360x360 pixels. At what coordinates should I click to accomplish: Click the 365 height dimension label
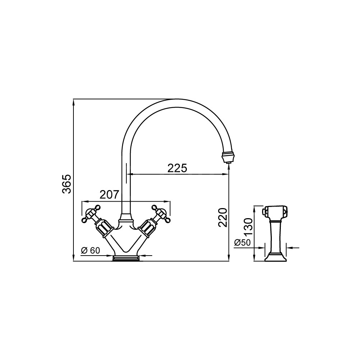point(67,184)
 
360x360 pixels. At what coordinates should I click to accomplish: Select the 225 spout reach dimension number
point(177,168)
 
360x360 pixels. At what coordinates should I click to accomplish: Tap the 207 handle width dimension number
point(109,195)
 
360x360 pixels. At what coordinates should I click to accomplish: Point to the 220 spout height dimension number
point(222,217)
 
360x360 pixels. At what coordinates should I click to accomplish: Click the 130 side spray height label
point(248,226)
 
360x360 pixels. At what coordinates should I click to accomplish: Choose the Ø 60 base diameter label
point(90,251)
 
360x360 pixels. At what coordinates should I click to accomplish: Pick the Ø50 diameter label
point(242,243)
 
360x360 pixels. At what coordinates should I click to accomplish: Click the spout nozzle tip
point(226,158)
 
